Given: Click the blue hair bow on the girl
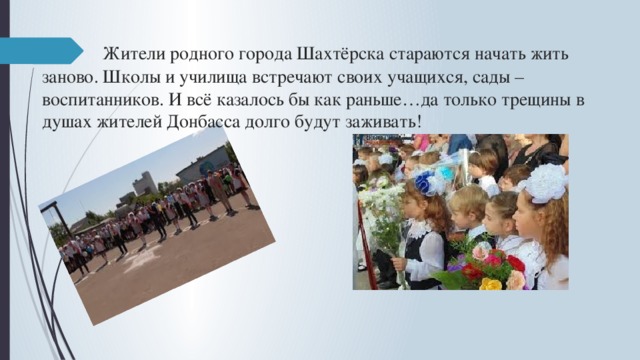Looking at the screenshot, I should (x=429, y=182).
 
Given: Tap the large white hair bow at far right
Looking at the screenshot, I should (x=546, y=183).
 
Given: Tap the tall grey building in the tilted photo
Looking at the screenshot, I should (x=144, y=182).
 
